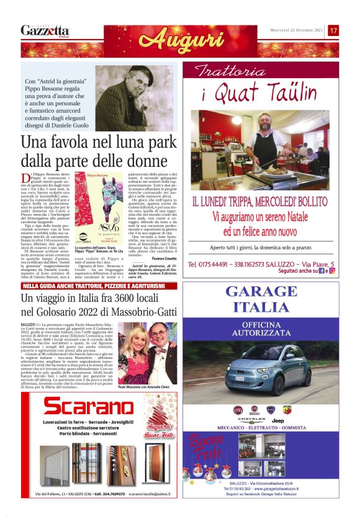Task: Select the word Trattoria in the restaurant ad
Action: (225, 71)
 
